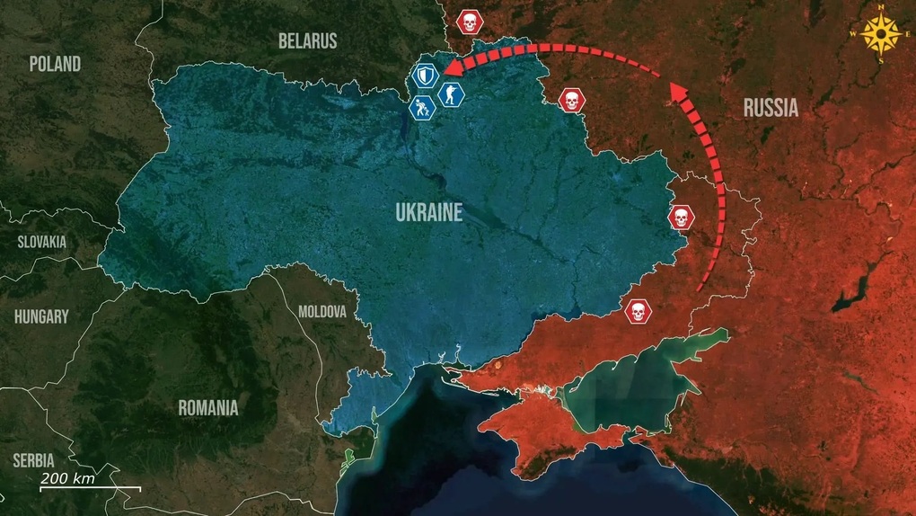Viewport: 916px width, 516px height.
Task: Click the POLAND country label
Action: (x=55, y=64)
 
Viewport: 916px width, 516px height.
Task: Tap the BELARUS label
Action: (x=307, y=40)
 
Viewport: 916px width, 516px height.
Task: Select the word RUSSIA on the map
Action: (x=771, y=109)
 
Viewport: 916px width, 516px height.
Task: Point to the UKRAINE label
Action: (x=428, y=213)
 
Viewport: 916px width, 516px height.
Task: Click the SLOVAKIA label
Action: (x=42, y=242)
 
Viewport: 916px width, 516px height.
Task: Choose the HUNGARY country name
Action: (x=41, y=316)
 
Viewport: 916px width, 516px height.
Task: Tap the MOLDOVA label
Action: (x=321, y=312)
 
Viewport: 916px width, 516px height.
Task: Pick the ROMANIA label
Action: (x=208, y=407)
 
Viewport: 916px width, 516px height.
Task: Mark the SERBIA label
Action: (x=34, y=460)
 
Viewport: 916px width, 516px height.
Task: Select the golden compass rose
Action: (x=880, y=35)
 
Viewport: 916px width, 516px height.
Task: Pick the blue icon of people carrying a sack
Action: (x=422, y=108)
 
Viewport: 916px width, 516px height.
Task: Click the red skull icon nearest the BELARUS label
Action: (x=467, y=22)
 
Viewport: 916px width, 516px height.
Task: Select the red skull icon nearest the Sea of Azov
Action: (x=637, y=312)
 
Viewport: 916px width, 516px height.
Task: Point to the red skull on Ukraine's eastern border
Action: (x=681, y=217)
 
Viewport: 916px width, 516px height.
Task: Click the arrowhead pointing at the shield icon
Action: (x=454, y=68)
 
